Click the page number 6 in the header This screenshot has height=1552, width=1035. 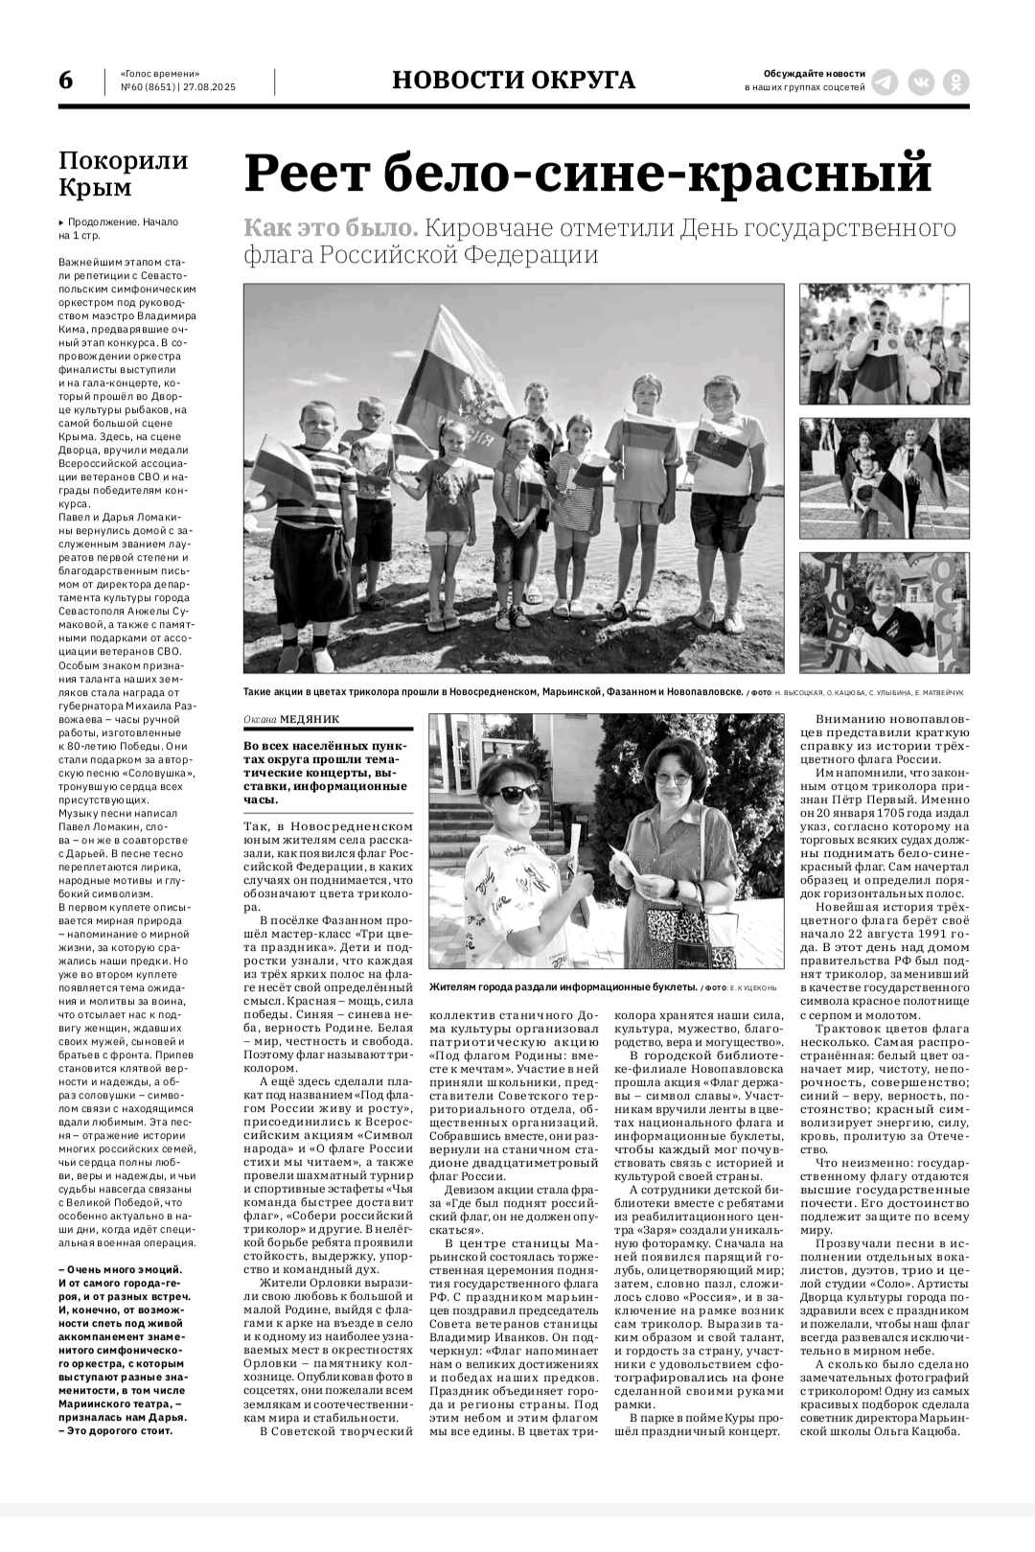tap(65, 81)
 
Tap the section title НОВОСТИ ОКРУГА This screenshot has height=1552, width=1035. tap(514, 81)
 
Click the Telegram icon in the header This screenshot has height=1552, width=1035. tap(885, 81)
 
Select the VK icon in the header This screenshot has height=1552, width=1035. tap(921, 81)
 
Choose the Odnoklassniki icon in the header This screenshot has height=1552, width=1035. tap(956, 81)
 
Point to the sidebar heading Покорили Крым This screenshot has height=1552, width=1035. tap(124, 173)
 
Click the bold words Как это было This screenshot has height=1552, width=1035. tap(331, 229)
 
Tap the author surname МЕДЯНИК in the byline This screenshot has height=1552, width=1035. tap(310, 718)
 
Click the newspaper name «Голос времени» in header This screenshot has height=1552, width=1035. tap(160, 74)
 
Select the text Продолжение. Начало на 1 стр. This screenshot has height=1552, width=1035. tap(119, 228)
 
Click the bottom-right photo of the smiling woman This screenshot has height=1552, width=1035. tap(884, 613)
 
